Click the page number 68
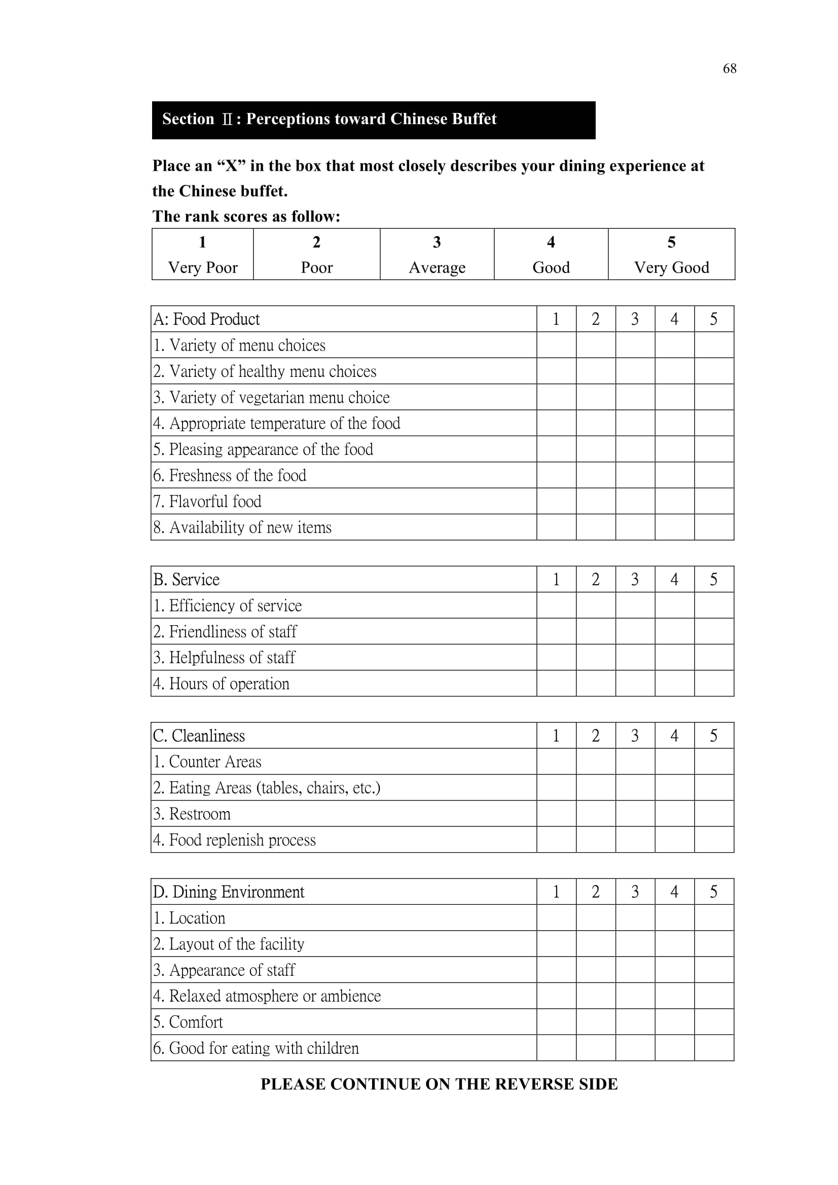(729, 68)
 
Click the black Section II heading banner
(373, 120)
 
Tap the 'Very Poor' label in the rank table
(202, 267)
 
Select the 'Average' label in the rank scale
(437, 267)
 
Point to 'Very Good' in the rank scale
(671, 267)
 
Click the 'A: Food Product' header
(206, 319)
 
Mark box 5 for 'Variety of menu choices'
(714, 345)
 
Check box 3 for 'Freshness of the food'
(635, 475)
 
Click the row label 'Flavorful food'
(207, 501)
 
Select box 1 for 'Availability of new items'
(556, 527)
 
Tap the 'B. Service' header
(187, 579)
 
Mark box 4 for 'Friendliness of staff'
(674, 631)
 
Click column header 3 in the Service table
(635, 579)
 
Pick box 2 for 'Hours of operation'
(595, 683)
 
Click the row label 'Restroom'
(192, 814)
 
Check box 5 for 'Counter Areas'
(714, 762)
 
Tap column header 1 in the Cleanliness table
(556, 736)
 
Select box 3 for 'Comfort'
(635, 1022)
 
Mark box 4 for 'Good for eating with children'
(674, 1048)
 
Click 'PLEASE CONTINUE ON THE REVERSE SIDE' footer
(439, 1084)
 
